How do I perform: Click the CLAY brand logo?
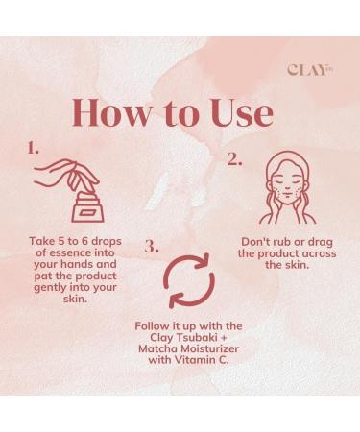(309, 70)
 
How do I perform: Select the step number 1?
(33, 148)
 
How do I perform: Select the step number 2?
(234, 159)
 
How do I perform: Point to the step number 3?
(152, 247)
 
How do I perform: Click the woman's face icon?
(287, 187)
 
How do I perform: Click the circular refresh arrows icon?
(189, 280)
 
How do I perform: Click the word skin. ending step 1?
(76, 300)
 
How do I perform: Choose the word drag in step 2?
(320, 243)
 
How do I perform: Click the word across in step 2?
(320, 253)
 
